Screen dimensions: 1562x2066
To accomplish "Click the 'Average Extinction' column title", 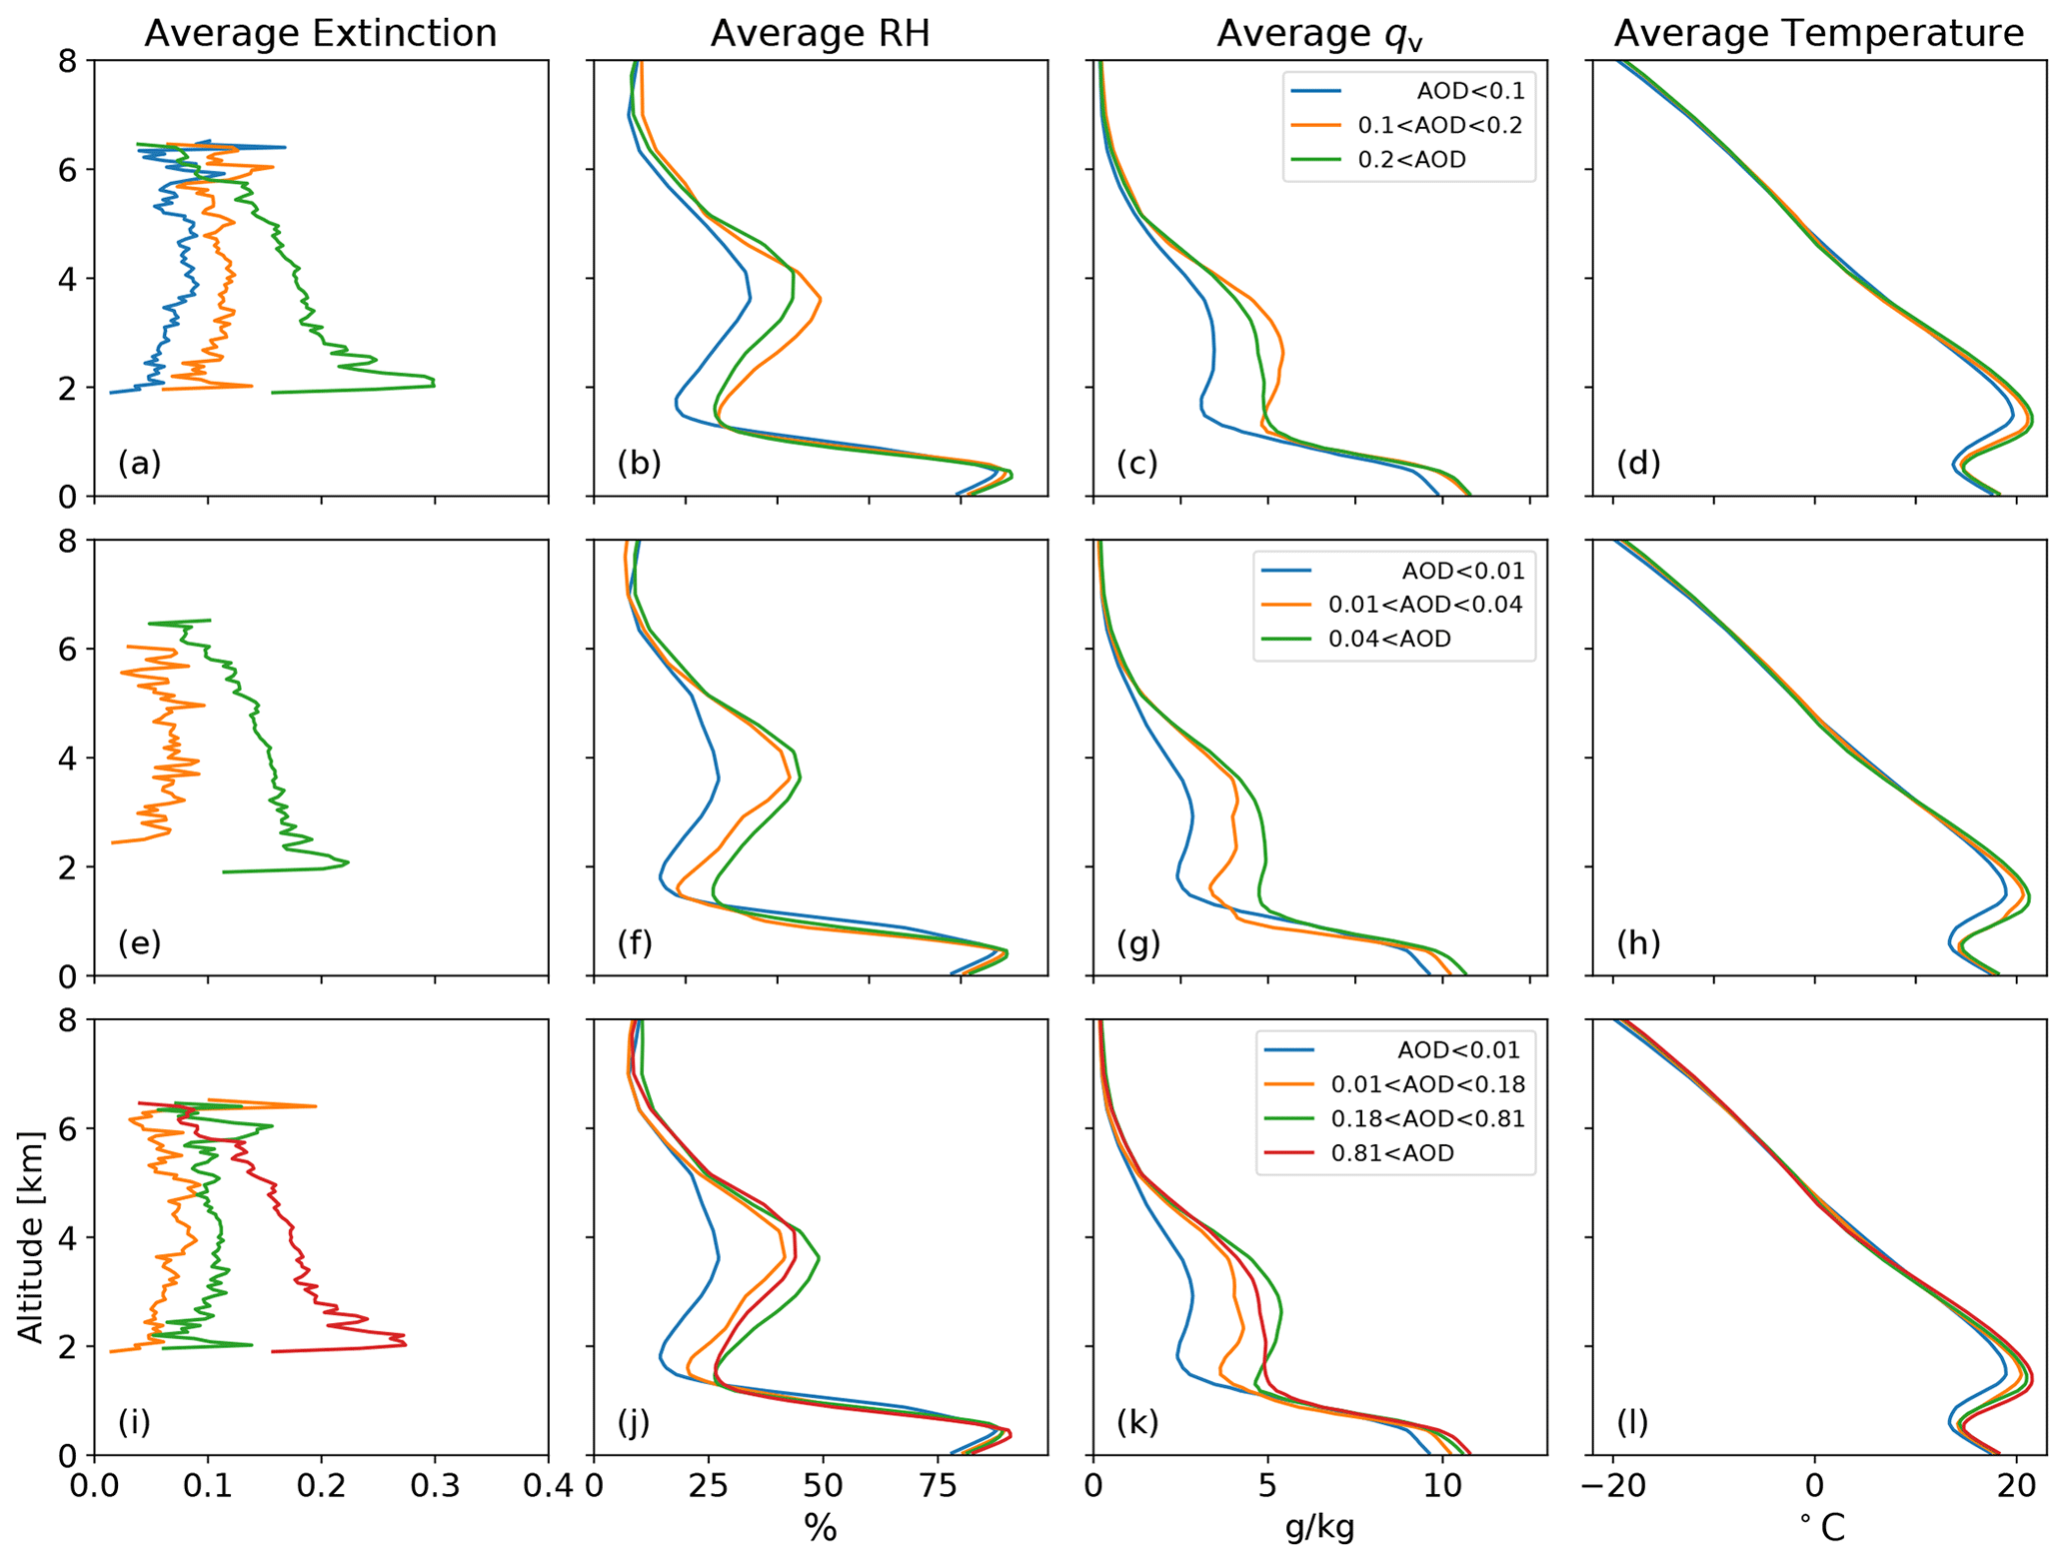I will [x=320, y=34].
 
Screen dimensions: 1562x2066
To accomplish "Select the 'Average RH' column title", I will [x=820, y=34].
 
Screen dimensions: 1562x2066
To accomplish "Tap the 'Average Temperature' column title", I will [x=1818, y=34].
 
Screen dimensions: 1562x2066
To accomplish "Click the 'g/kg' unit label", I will [x=1319, y=1528].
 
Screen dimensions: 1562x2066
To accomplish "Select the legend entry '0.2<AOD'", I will [x=1411, y=160].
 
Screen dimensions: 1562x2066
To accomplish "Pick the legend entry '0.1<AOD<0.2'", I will [x=1439, y=126].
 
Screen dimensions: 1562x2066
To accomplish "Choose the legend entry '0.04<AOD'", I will [x=1389, y=639].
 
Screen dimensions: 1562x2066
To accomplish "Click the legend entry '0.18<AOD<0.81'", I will [x=1427, y=1118].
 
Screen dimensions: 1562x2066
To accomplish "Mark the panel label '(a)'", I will [x=139, y=463].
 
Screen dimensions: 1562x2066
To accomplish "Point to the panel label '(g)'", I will [x=1138, y=942].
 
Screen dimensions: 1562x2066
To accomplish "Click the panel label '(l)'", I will [x=1632, y=1421].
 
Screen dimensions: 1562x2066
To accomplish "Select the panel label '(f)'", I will [x=635, y=942].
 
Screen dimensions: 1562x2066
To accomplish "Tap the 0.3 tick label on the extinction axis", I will [x=434, y=1487].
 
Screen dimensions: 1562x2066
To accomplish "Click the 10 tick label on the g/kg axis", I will [x=1440, y=1487].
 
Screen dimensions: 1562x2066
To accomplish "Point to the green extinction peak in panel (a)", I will [x=433, y=383].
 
